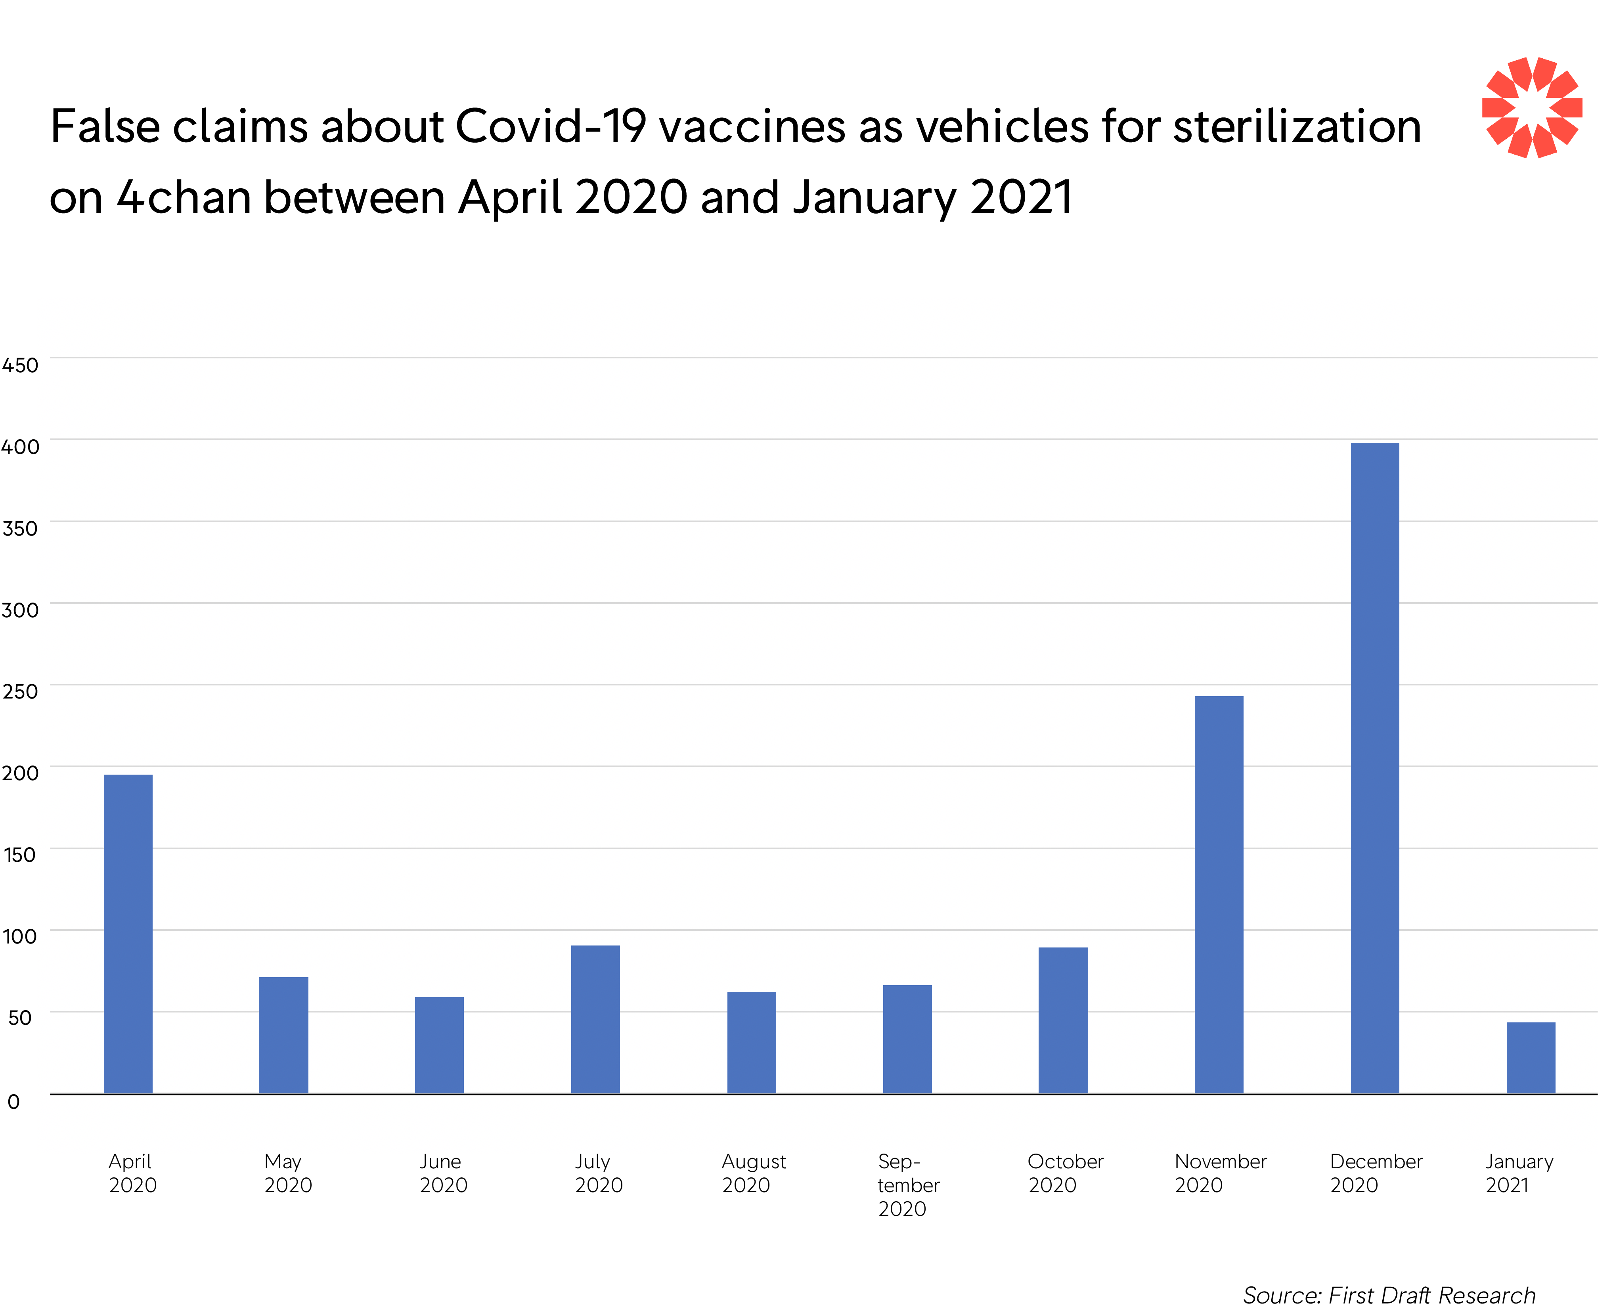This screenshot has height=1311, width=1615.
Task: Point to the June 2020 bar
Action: (x=439, y=1045)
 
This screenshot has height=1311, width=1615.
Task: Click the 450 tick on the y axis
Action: (x=20, y=366)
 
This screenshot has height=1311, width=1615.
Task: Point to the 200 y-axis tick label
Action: (x=20, y=773)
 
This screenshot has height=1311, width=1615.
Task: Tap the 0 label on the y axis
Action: (x=13, y=1102)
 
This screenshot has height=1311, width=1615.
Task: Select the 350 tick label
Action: (x=20, y=528)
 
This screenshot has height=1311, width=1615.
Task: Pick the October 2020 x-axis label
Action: (x=1065, y=1173)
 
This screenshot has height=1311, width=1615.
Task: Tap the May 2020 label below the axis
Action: (x=287, y=1173)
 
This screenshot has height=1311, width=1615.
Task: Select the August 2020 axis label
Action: (x=753, y=1173)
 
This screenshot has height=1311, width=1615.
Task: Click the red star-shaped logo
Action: (x=1531, y=107)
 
